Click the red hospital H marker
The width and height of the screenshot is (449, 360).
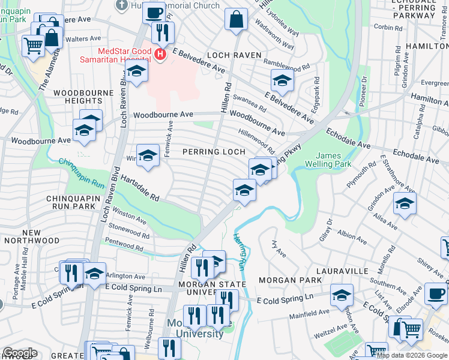(x=160, y=55)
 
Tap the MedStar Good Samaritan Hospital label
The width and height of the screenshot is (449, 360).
(x=116, y=55)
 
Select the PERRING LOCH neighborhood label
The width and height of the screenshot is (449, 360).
(x=214, y=152)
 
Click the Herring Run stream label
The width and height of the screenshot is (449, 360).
(x=240, y=252)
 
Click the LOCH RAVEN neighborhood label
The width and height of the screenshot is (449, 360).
(x=234, y=55)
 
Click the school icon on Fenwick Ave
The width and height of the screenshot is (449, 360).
(x=148, y=156)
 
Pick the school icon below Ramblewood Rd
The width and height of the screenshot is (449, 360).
(x=282, y=80)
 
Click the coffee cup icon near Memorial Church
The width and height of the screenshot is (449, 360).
(x=154, y=13)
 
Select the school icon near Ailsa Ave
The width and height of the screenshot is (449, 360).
(x=405, y=203)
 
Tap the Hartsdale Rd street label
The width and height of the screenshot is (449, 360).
(x=139, y=188)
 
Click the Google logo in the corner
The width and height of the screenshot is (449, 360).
(x=20, y=352)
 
